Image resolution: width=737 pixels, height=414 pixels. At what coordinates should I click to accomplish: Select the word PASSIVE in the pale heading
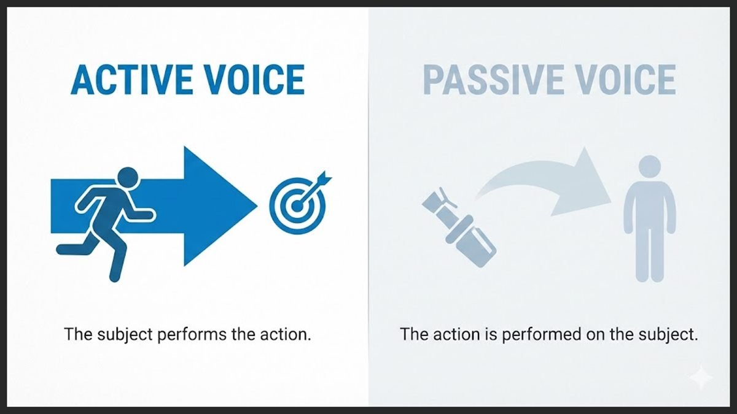point(485,79)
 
